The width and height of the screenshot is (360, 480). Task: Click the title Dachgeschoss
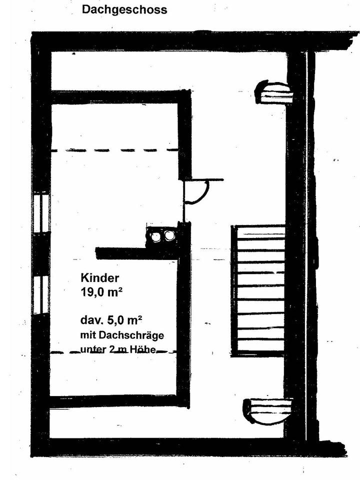[x=124, y=9]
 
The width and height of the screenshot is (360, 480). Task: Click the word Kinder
[x=100, y=278]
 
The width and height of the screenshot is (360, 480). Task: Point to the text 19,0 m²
[x=101, y=293]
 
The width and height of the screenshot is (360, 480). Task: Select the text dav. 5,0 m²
[x=111, y=320]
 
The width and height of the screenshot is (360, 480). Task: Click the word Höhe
[x=143, y=349]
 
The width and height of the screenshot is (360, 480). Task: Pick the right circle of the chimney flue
[x=168, y=235]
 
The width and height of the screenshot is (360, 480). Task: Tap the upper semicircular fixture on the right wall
[x=272, y=92]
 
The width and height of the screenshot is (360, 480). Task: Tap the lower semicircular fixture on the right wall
[x=267, y=411]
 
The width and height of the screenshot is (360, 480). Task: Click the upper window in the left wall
[x=41, y=212]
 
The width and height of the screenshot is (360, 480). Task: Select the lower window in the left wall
[x=41, y=295]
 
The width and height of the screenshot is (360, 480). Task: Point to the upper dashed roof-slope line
[x=114, y=150]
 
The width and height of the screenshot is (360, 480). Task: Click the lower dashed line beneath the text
[x=113, y=352]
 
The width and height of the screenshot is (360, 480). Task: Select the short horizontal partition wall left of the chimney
[x=136, y=253]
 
